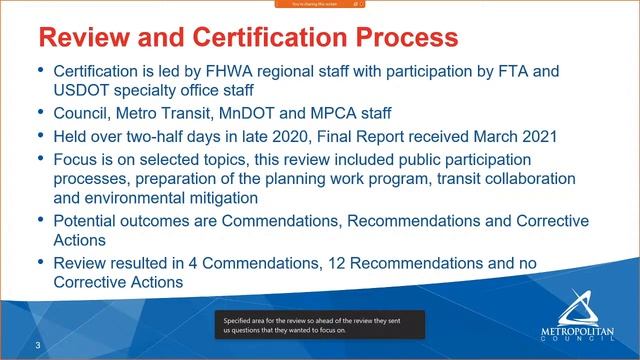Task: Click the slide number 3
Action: click(x=37, y=345)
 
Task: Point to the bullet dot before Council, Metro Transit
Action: click(x=40, y=111)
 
